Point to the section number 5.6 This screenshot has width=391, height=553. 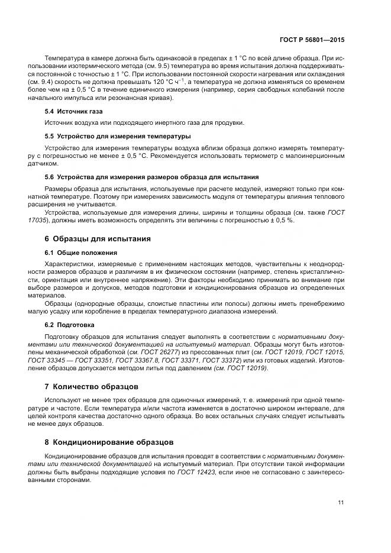50,177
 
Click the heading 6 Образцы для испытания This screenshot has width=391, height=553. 98,239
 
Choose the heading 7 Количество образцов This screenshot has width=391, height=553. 92,386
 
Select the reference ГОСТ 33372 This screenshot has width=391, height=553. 222,360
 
